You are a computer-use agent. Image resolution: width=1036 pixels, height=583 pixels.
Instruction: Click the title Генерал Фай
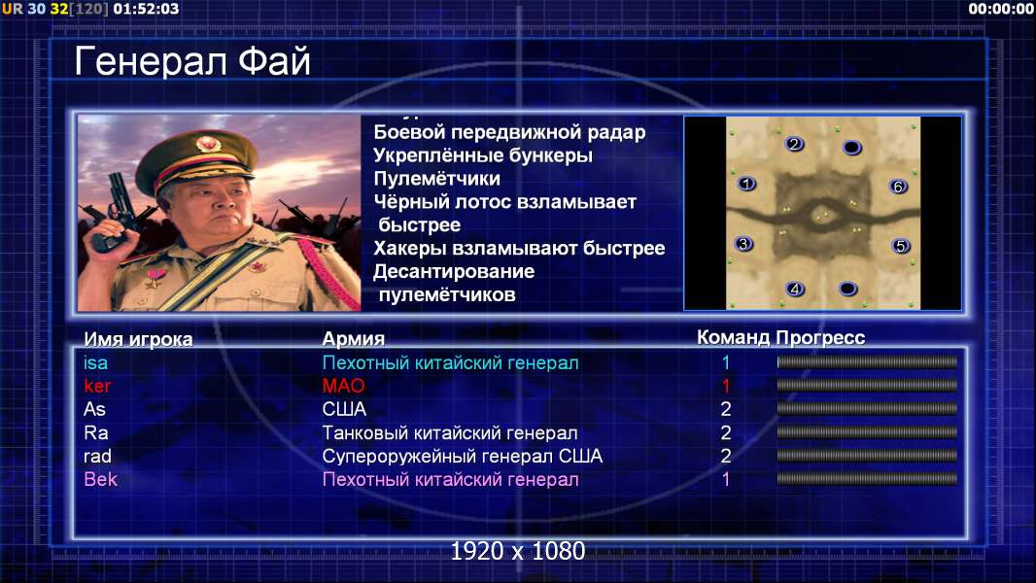tap(191, 61)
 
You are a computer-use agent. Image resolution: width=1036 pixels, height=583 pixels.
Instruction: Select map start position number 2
tap(794, 144)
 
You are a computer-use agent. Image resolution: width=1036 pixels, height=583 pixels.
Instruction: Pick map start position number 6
tap(898, 187)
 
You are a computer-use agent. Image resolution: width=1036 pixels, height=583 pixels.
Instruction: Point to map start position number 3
tap(744, 244)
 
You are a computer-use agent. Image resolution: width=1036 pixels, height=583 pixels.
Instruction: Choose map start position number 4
tap(796, 289)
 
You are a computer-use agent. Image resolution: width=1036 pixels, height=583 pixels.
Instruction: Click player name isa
tap(96, 362)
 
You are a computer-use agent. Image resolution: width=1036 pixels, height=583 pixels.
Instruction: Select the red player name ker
tap(98, 386)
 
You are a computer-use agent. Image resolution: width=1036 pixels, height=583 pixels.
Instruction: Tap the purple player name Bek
tap(100, 479)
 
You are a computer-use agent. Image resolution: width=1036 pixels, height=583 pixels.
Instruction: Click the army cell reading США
tap(344, 409)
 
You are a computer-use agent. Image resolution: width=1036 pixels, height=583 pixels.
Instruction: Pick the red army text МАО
tap(344, 386)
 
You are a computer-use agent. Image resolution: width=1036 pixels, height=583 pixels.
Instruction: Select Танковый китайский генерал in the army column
tap(450, 433)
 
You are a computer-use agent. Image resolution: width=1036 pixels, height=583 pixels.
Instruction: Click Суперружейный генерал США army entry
tap(463, 457)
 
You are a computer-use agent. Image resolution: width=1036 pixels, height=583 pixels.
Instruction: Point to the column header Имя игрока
tap(138, 339)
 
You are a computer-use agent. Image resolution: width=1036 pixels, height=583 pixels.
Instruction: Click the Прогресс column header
tap(820, 338)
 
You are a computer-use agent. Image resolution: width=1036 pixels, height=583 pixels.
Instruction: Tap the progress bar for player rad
tap(867, 456)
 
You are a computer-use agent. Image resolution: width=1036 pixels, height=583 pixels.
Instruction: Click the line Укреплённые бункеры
tap(483, 155)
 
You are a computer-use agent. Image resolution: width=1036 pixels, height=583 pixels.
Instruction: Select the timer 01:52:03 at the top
tap(146, 9)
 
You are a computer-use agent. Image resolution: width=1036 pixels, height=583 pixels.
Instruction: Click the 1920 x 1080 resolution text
tap(518, 551)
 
